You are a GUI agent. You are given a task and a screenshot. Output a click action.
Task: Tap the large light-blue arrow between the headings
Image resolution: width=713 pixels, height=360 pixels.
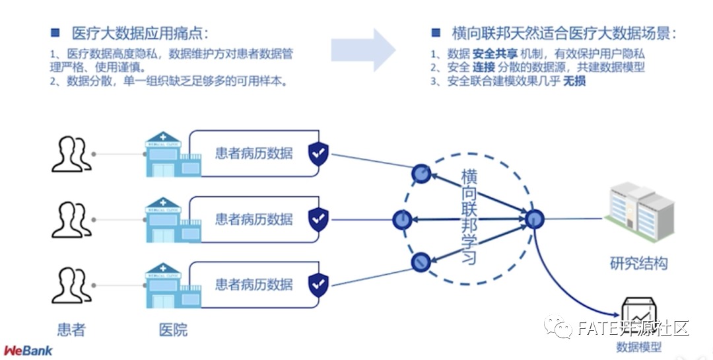(364, 50)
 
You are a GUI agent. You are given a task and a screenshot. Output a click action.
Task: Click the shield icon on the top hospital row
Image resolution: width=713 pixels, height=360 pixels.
(319, 154)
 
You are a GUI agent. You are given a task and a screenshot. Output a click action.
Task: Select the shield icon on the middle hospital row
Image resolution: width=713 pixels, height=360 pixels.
(319, 219)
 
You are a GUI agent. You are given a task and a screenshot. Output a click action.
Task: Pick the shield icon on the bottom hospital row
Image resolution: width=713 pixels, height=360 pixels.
(319, 285)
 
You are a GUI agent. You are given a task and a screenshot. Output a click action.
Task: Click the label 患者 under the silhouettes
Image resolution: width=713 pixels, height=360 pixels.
(71, 329)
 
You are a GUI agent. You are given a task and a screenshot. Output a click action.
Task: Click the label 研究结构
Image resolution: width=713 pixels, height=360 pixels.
(638, 264)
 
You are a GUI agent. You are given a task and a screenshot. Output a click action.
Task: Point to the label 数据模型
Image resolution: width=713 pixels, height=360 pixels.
(638, 347)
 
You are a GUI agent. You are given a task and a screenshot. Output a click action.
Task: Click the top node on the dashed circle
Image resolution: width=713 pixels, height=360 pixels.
(421, 174)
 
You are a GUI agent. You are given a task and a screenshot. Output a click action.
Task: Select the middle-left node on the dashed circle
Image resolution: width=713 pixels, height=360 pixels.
(401, 220)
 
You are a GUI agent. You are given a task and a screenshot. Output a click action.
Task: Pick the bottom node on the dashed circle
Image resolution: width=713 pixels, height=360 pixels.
(421, 263)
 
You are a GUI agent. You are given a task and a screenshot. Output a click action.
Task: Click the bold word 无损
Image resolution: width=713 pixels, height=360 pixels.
(574, 82)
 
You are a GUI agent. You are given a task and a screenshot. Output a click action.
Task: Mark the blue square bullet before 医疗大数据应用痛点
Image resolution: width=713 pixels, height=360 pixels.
(55, 32)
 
